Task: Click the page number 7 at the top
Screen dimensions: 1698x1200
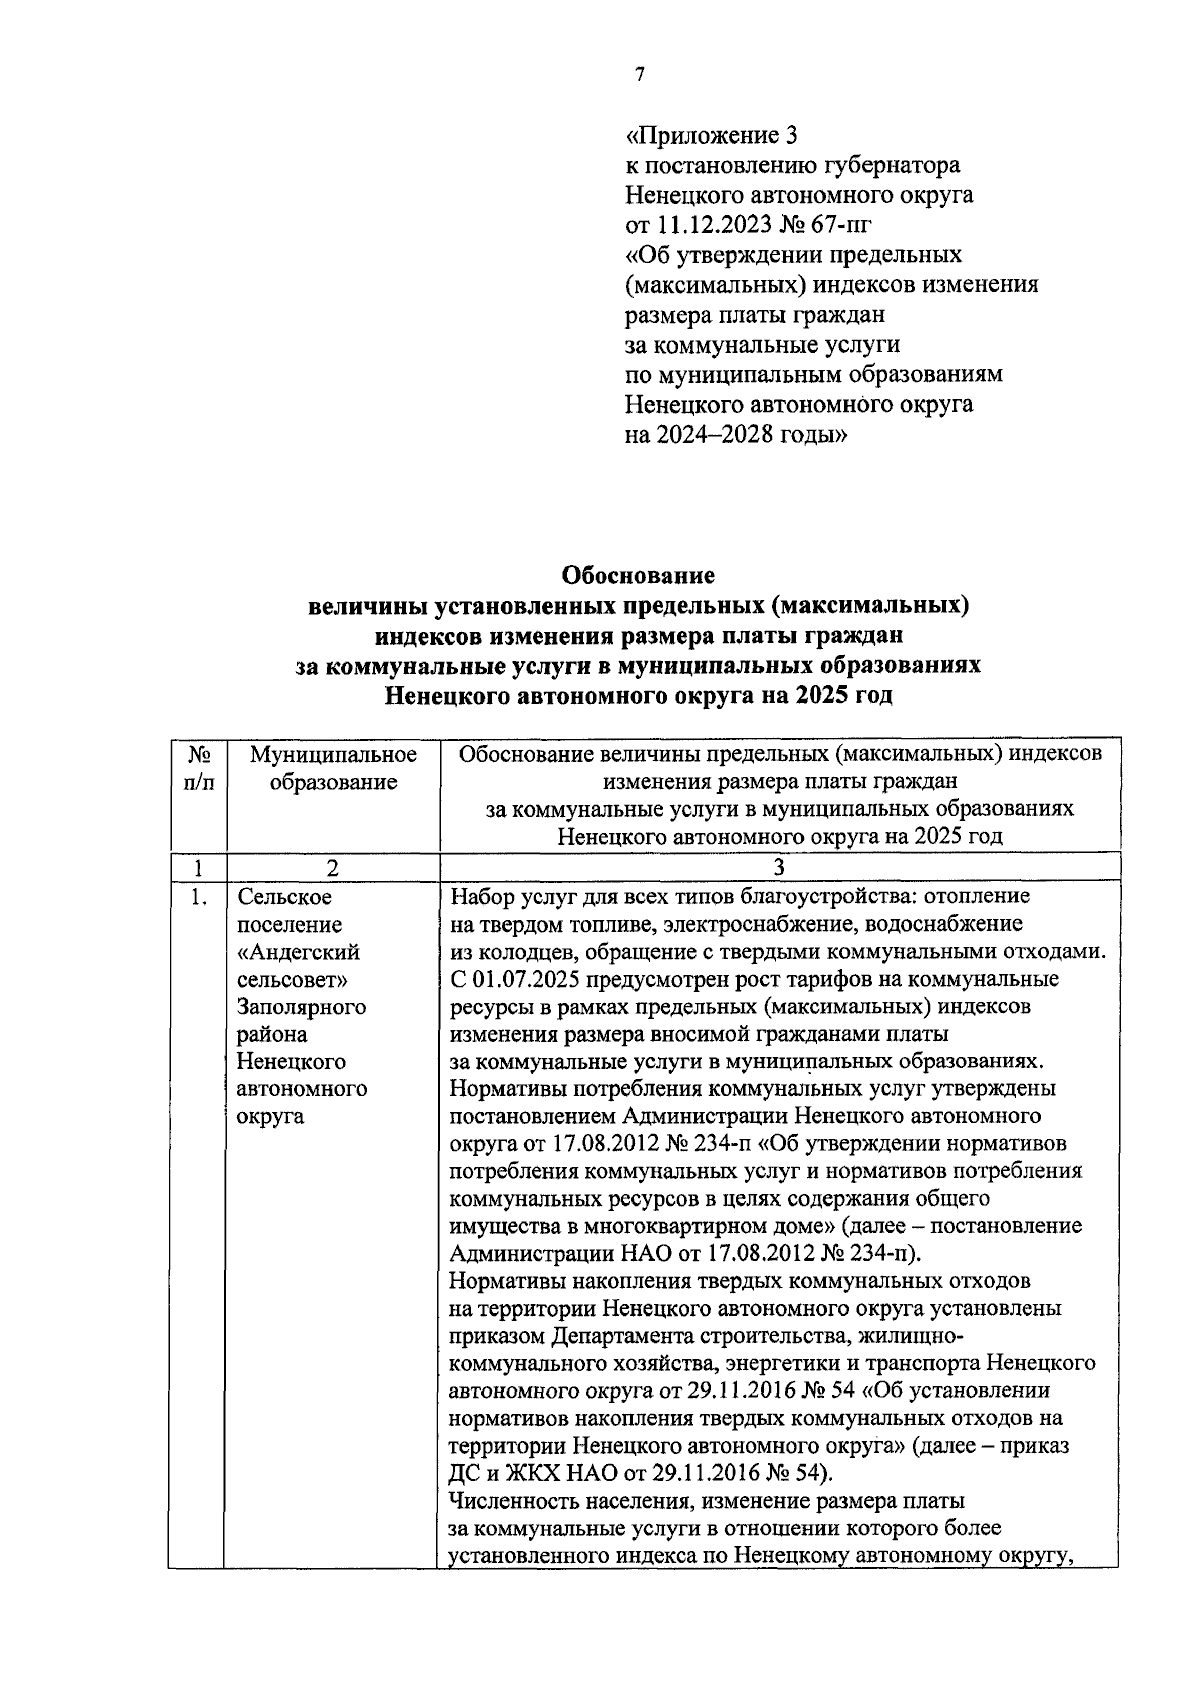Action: point(639,75)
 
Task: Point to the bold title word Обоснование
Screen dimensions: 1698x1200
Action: point(639,576)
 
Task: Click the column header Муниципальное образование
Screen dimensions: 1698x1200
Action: point(333,768)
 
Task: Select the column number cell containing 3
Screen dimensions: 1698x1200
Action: point(779,867)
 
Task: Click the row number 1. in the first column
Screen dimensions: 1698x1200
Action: point(198,898)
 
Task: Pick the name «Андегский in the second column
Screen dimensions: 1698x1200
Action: point(299,952)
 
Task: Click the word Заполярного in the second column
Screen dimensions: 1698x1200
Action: point(301,1007)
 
